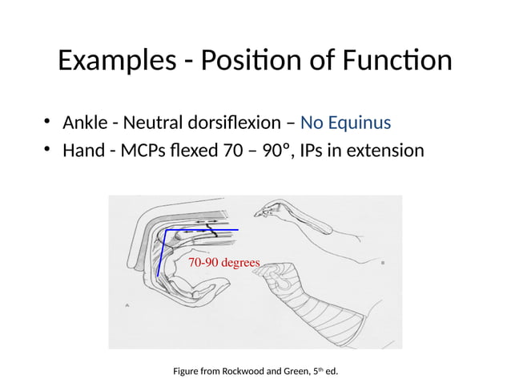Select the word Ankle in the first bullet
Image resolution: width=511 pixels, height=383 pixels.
tap(84, 123)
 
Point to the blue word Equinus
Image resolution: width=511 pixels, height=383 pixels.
tap(358, 123)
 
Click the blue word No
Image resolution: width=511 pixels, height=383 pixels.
tap(311, 123)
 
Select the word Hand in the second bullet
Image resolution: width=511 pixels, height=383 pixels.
tap(82, 150)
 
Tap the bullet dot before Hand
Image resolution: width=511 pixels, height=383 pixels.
tap(49, 150)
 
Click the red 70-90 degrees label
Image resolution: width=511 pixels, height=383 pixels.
tap(223, 263)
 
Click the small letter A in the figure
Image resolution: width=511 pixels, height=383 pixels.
tap(129, 304)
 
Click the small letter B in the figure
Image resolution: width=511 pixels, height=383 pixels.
tap(385, 262)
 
